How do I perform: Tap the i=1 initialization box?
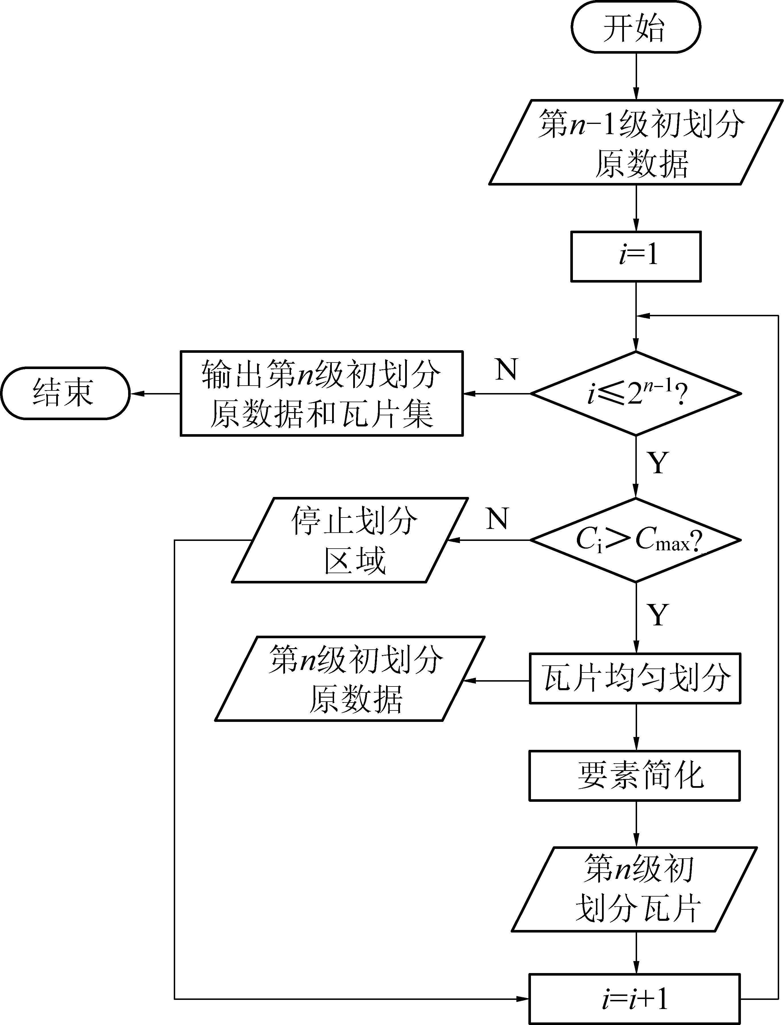[x=636, y=256]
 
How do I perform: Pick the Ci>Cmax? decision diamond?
[x=636, y=540]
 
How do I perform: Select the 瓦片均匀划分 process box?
[x=635, y=678]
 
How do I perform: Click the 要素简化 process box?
[x=635, y=776]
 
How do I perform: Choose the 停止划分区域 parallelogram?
[x=350, y=540]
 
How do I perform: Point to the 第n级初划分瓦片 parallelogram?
[x=635, y=889]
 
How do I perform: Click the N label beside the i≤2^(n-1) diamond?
[x=506, y=370]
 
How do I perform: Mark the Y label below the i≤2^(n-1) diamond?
[x=658, y=463]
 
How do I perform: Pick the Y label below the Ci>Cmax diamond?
[x=658, y=615]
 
